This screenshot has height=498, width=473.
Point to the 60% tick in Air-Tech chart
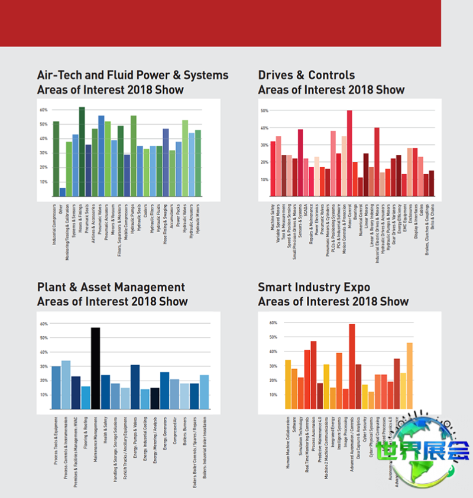pos(43,110)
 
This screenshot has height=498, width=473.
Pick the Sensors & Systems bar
pos(300,163)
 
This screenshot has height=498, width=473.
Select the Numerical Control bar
pos(361,187)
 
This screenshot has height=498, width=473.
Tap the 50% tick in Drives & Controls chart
pos(264,110)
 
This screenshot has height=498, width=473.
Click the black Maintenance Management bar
pos(95,368)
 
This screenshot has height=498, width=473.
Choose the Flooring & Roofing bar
pos(86,397)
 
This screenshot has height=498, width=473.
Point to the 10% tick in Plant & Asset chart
pos(44,395)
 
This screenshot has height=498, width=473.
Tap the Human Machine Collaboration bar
pos(288,384)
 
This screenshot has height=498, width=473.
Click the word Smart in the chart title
pos(274,288)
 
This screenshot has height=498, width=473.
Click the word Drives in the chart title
pos(274,75)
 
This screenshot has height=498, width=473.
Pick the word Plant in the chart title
pos(50,288)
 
